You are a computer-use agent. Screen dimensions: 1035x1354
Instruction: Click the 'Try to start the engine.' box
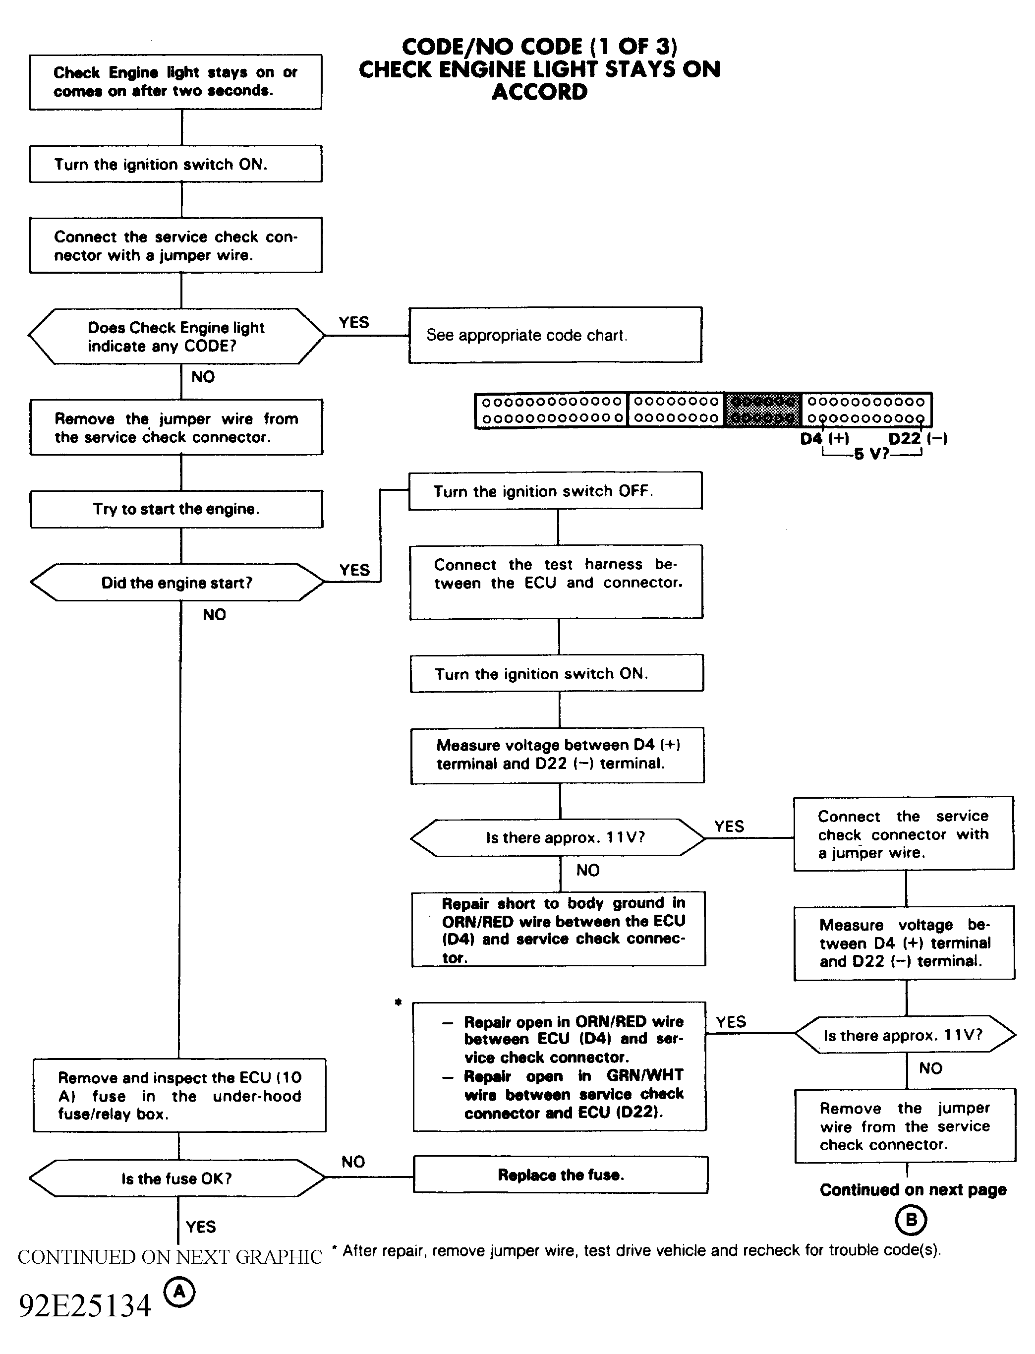[176, 509]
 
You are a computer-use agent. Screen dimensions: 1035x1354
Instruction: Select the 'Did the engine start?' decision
[177, 582]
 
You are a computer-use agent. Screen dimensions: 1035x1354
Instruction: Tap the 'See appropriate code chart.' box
[555, 335]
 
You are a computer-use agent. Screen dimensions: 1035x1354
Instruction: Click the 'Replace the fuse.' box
[561, 1175]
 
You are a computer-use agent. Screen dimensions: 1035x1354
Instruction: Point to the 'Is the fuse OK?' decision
[177, 1178]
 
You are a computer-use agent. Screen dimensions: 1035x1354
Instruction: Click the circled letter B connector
[911, 1220]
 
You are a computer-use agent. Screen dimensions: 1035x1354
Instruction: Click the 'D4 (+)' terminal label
[824, 439]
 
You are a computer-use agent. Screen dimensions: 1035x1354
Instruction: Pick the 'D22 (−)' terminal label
[918, 439]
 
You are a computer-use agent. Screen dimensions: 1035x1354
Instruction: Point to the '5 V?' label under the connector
[871, 454]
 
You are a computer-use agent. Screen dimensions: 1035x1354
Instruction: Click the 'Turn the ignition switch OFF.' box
[555, 491]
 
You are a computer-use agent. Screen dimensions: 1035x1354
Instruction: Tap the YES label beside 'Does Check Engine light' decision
[353, 322]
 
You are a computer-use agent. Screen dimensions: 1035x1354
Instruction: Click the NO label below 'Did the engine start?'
[215, 614]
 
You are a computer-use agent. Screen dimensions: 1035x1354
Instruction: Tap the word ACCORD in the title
[540, 92]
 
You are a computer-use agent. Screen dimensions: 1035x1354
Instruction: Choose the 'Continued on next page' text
[913, 1189]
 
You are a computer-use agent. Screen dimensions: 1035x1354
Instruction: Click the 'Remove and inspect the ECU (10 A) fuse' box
[179, 1095]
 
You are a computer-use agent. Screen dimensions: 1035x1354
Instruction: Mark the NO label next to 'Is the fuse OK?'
[353, 1162]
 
